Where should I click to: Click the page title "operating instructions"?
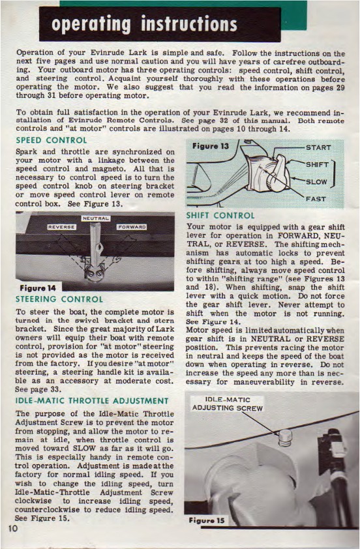[144, 25]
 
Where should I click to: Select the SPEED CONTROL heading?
[51, 140]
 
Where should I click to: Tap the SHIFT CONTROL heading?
[220, 216]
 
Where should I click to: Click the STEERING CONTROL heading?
[59, 299]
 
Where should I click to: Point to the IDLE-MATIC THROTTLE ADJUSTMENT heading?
[92, 401]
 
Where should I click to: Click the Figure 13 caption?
[210, 146]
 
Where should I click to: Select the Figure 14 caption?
[38, 288]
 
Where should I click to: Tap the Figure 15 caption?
[207, 520]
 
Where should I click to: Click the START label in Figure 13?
[318, 147]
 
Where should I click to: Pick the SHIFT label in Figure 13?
[317, 164]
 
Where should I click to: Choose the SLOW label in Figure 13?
[316, 182]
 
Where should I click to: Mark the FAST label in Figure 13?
[316, 199]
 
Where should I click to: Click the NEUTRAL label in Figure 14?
[96, 218]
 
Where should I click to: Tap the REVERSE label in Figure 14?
[62, 227]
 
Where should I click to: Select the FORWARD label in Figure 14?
[132, 227]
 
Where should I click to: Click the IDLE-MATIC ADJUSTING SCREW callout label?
[227, 404]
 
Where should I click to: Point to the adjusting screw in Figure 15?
[286, 438]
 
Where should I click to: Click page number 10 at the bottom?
[12, 528]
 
